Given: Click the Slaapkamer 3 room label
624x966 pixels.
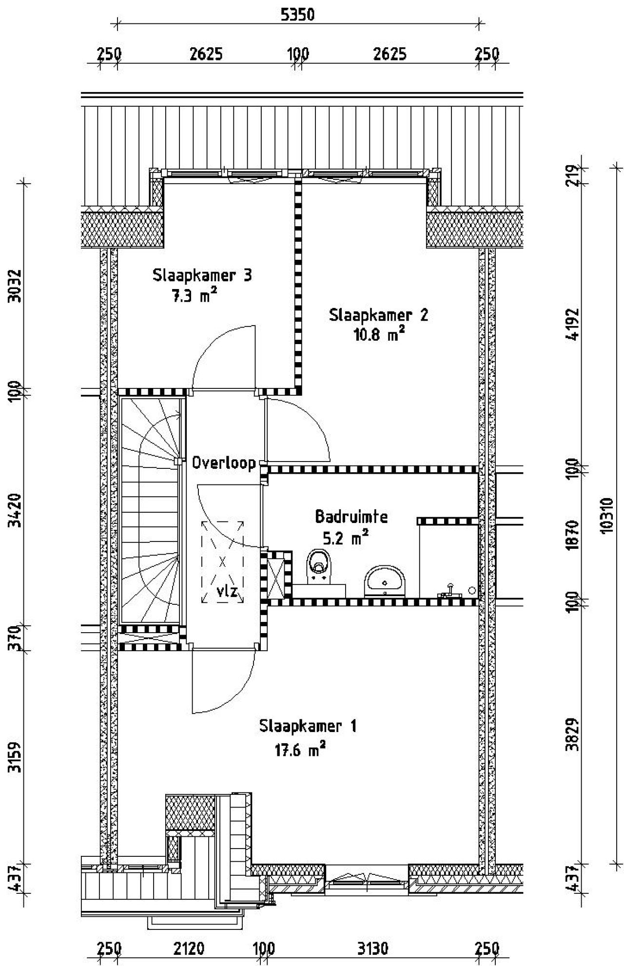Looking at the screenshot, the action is [202, 275].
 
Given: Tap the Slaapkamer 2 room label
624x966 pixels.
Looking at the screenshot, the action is [379, 315].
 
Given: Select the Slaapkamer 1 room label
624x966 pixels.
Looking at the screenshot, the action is [308, 726].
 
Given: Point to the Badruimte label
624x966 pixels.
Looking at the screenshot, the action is [351, 516].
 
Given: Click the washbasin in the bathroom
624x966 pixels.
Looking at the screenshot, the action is [385, 580].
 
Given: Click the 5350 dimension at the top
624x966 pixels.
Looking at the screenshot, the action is [297, 15].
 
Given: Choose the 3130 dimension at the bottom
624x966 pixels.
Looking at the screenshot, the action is [373, 948].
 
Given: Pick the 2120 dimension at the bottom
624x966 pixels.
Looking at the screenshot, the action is [189, 948].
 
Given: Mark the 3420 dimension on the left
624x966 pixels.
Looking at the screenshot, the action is [15, 510].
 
